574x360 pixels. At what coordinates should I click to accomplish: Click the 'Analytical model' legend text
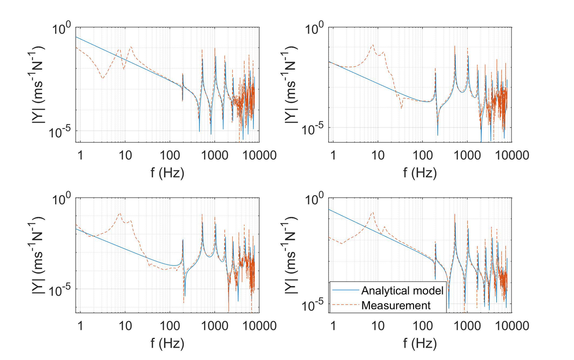[402, 290]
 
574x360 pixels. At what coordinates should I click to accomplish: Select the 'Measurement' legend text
[396, 305]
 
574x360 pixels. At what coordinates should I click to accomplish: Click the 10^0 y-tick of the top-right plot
[317, 28]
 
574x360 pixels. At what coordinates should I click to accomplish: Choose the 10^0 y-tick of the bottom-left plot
[64, 200]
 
